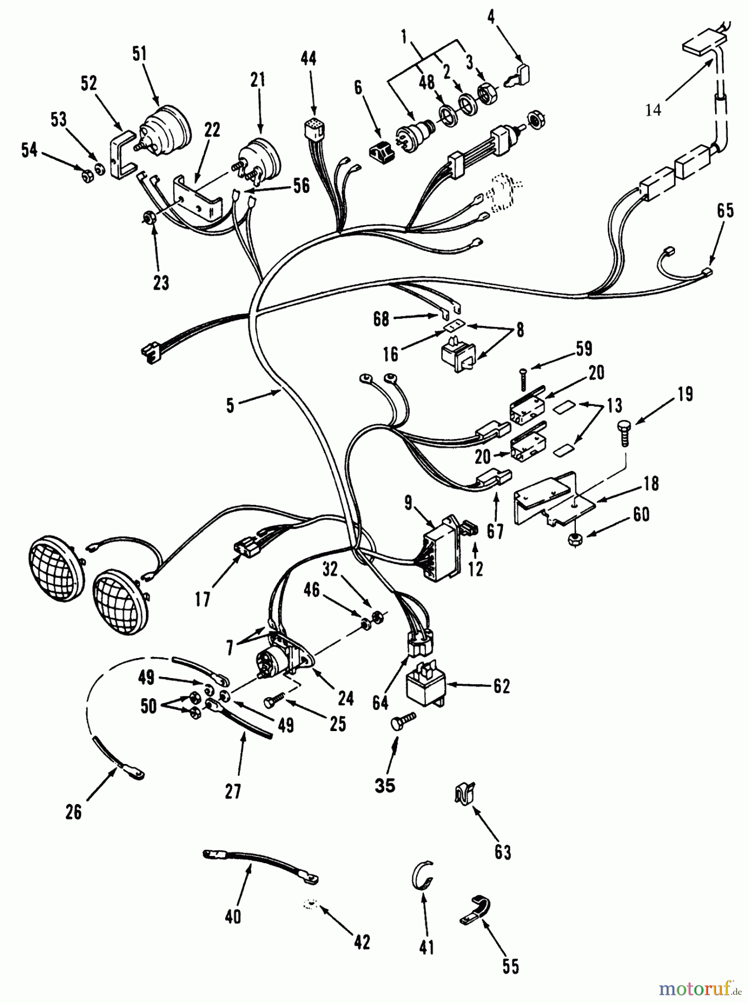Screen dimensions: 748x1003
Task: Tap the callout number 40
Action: point(233,916)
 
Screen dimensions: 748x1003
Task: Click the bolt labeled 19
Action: point(624,431)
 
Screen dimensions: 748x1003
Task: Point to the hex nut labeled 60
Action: point(574,539)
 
